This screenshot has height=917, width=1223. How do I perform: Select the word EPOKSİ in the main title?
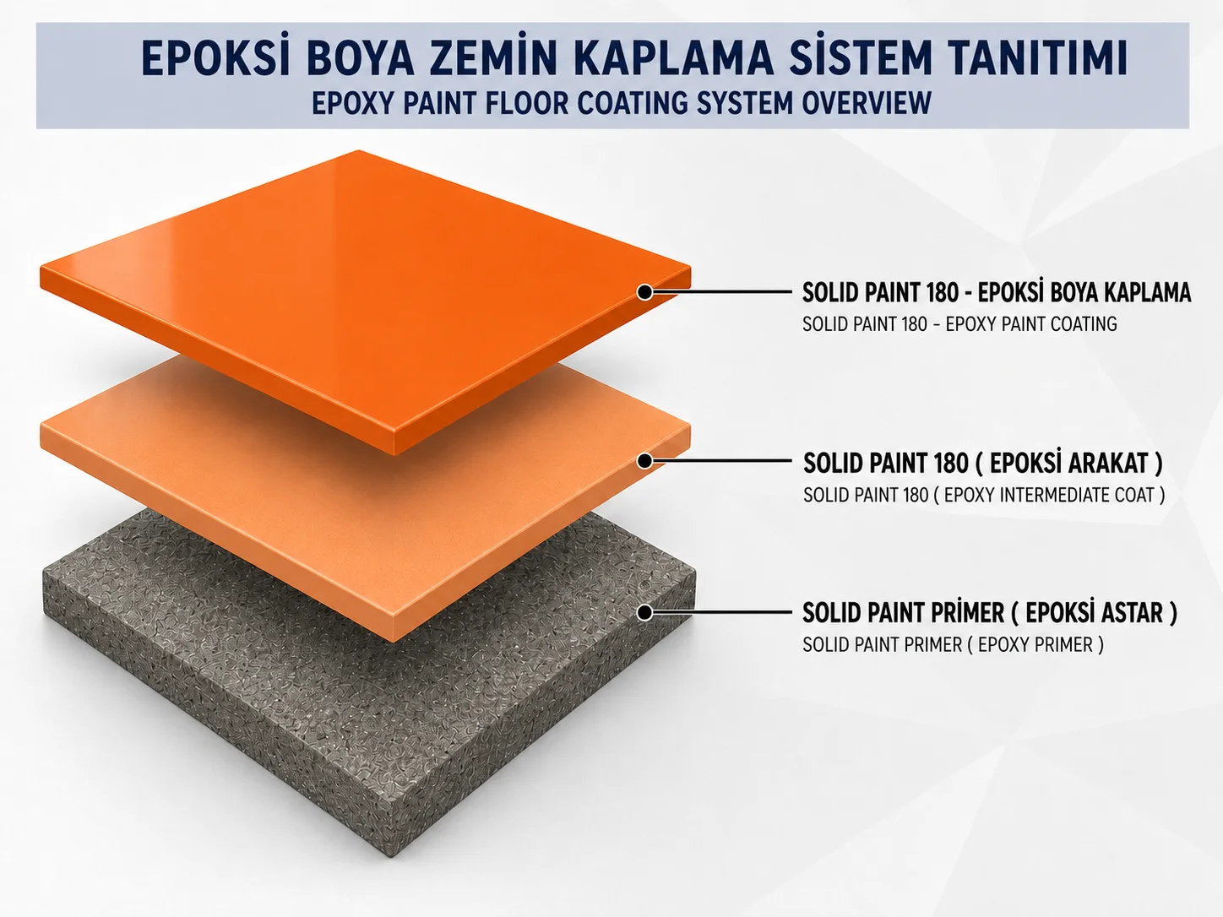[x=216, y=57]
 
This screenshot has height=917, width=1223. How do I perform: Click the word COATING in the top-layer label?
[x=1083, y=324]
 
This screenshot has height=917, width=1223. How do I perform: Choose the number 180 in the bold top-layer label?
[x=943, y=293]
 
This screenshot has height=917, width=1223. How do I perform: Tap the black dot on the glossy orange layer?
[x=644, y=292]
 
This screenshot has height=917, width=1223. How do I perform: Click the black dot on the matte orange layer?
[x=644, y=460]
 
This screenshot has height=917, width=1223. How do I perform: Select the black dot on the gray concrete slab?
[x=644, y=612]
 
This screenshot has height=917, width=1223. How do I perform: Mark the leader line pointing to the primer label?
[x=721, y=612]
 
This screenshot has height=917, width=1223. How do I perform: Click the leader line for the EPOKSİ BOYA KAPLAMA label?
[x=721, y=292]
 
